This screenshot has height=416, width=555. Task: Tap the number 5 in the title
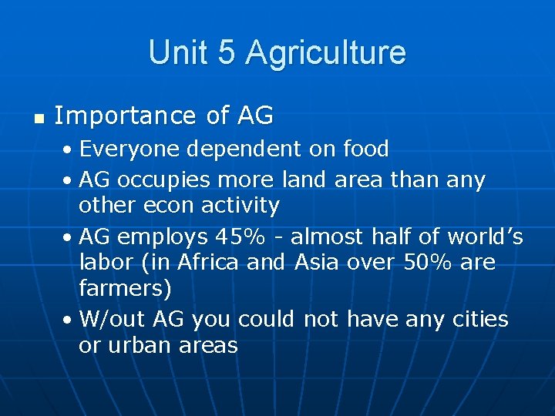click(227, 52)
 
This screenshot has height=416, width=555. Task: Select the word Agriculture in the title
click(325, 52)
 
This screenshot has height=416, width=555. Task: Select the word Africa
click(209, 263)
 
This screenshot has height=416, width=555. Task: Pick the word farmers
click(125, 288)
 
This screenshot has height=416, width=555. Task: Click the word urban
click(143, 345)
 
